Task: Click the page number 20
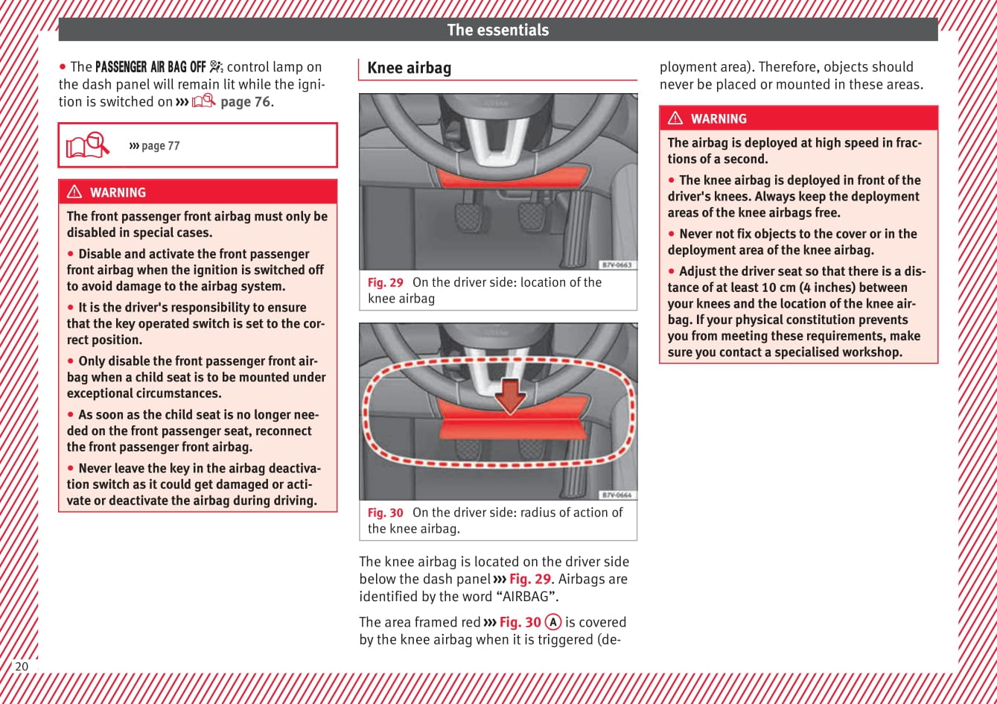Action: (22, 666)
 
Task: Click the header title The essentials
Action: (497, 30)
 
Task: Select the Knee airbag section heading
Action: (410, 68)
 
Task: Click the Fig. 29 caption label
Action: (385, 282)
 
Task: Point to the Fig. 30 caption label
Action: (385, 513)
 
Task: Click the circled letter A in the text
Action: (552, 622)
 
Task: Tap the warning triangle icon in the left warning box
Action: (74, 192)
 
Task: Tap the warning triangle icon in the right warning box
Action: (675, 118)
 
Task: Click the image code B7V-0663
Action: (617, 265)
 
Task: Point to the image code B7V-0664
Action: (617, 495)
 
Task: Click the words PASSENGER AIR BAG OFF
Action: (150, 67)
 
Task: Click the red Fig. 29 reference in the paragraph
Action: (529, 579)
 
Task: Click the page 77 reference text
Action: (159, 146)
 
